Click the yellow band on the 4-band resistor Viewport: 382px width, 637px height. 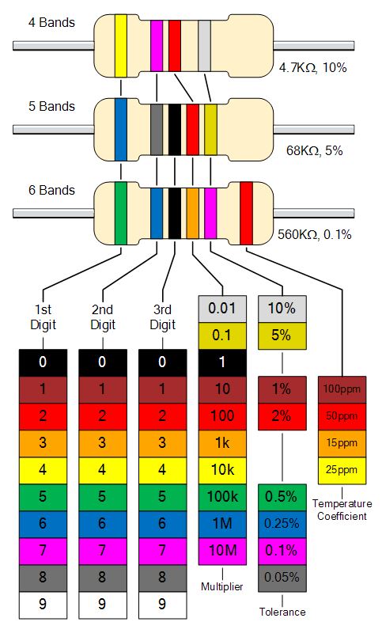120,46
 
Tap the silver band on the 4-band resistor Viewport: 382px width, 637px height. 204,46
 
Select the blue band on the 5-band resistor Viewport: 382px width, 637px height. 120,130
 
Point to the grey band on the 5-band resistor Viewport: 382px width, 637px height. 157,130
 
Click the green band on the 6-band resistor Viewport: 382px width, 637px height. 120,214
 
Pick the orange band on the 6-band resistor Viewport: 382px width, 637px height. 192,214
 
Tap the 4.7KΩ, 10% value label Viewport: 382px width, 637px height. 312,67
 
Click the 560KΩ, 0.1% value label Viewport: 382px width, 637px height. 314,234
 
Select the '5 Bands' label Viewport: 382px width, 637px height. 51,107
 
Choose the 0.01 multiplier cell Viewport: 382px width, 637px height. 222,309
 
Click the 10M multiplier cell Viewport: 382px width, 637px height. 222,551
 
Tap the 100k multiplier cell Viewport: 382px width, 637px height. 222,497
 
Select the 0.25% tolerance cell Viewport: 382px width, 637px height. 282,524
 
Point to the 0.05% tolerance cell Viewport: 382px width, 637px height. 282,578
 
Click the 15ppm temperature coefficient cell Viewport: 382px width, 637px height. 342,444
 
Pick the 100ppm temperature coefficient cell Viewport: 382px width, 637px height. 342,390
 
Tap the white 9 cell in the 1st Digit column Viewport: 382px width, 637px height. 43,605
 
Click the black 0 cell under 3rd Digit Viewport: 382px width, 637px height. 162,362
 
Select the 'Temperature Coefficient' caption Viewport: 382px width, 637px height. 342,510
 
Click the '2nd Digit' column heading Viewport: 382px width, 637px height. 102,317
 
